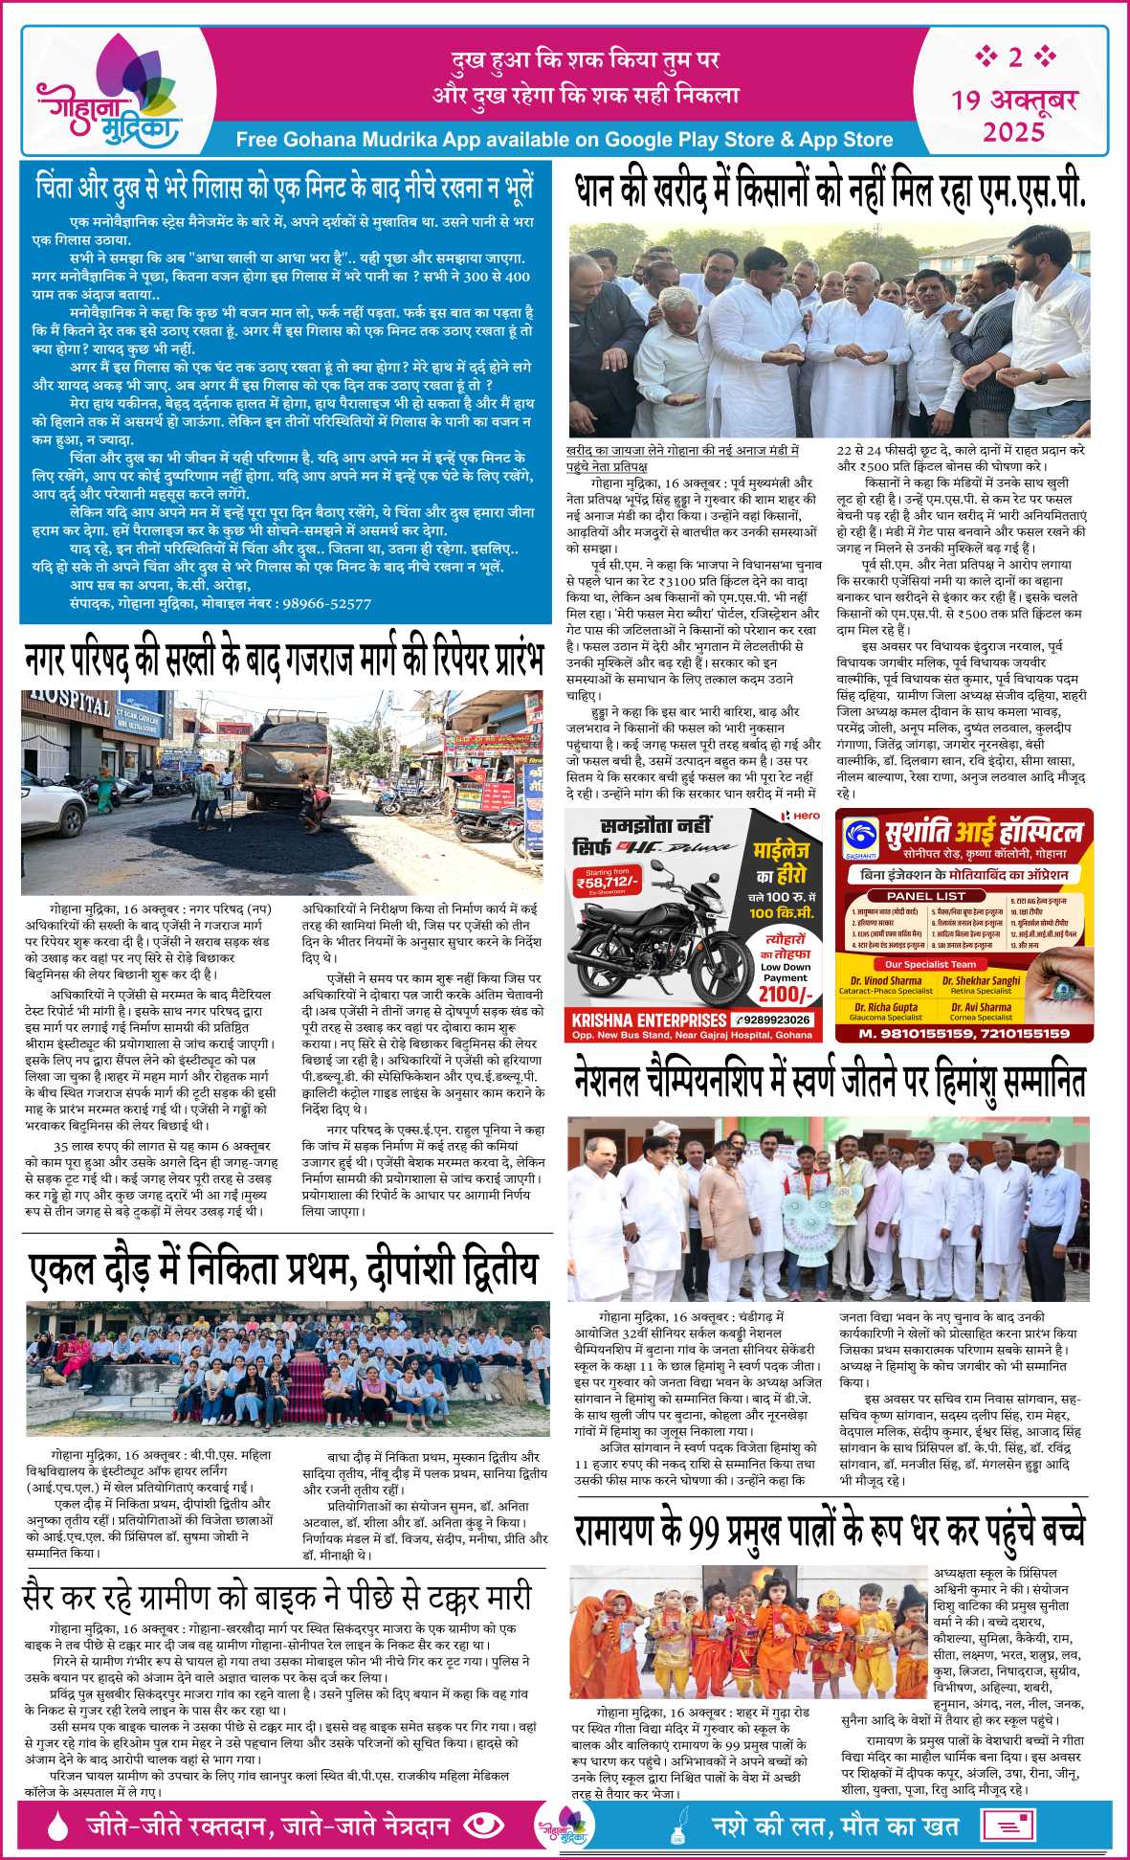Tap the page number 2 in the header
click(x=1014, y=57)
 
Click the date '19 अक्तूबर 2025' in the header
click(x=1014, y=114)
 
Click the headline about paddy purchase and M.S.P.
click(x=830, y=190)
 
